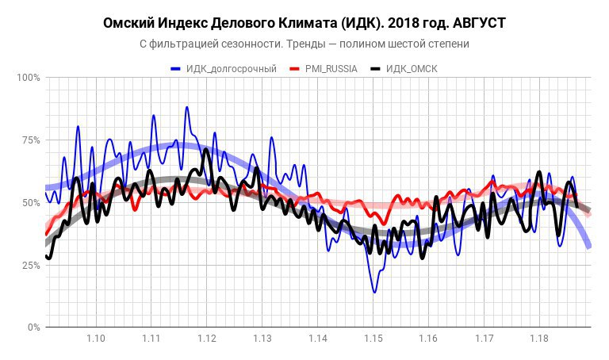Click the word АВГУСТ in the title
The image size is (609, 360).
point(473,23)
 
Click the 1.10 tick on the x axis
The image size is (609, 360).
point(96,339)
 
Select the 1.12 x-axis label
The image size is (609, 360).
point(207,339)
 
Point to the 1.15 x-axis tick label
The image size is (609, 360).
point(373,339)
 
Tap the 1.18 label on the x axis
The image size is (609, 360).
point(539,339)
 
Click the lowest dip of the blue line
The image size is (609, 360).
point(374,292)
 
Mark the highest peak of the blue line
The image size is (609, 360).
point(187,107)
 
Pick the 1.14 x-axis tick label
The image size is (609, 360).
point(318,339)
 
